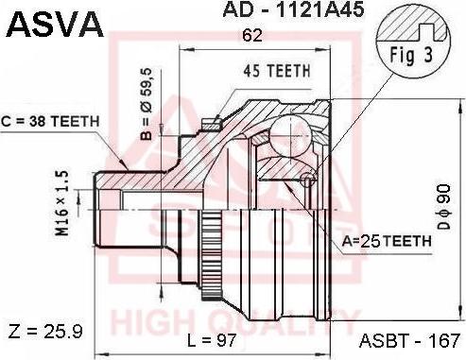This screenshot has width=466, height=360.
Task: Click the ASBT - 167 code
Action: click(x=409, y=339)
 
